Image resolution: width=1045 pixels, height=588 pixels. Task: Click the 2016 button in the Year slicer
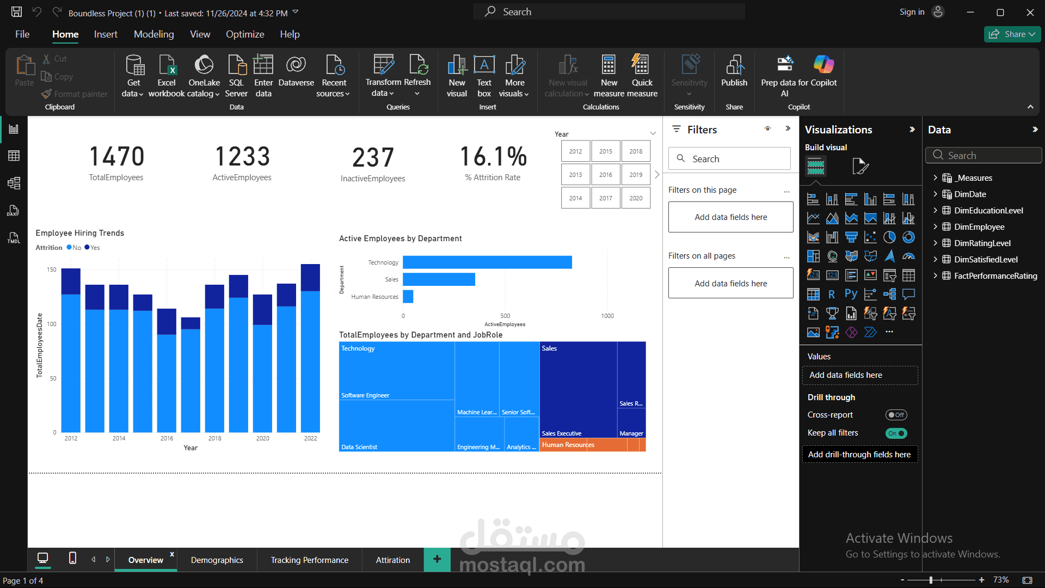click(x=605, y=175)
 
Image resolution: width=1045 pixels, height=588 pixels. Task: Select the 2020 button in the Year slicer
click(x=636, y=198)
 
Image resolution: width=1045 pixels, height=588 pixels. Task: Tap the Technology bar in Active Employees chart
click(x=487, y=262)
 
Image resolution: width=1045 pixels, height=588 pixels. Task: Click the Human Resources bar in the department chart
click(x=408, y=297)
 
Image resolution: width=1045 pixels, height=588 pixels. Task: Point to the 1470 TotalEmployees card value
click(x=116, y=157)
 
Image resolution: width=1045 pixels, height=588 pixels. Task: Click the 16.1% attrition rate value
click(x=493, y=157)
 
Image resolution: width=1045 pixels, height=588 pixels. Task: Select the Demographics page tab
click(x=217, y=560)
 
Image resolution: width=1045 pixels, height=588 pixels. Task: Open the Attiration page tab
click(x=392, y=560)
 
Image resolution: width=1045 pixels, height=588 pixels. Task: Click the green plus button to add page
click(x=437, y=559)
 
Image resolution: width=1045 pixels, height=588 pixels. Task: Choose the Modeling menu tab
click(x=153, y=34)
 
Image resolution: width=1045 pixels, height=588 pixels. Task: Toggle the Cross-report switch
click(x=895, y=415)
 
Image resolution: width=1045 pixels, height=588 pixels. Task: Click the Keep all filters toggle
click(x=895, y=433)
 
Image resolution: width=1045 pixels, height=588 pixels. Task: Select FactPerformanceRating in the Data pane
click(x=995, y=276)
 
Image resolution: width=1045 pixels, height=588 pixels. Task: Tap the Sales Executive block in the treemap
click(x=577, y=392)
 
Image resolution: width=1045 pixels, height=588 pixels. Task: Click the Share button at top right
click(x=1012, y=34)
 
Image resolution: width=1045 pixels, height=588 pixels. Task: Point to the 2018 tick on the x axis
click(x=214, y=438)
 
